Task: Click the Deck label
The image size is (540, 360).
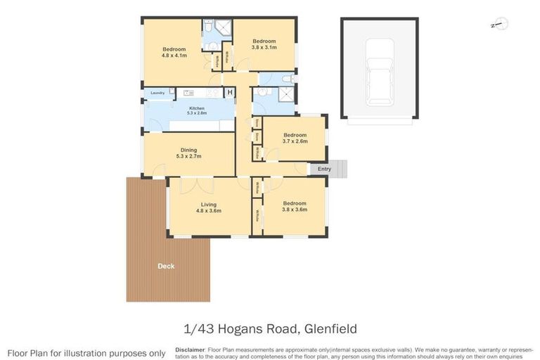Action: (166, 266)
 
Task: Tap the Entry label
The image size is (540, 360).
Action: (324, 169)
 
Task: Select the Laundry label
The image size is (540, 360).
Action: (157, 93)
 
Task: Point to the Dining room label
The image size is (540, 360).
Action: (188, 150)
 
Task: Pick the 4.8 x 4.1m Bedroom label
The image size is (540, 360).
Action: (174, 49)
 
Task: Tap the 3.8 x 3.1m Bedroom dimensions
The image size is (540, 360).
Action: (264, 47)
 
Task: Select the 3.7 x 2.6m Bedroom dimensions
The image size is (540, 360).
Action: (295, 141)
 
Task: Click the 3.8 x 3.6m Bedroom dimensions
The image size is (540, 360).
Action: (294, 209)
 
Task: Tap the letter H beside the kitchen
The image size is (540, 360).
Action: (229, 93)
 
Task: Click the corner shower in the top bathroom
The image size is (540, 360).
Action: (224, 29)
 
